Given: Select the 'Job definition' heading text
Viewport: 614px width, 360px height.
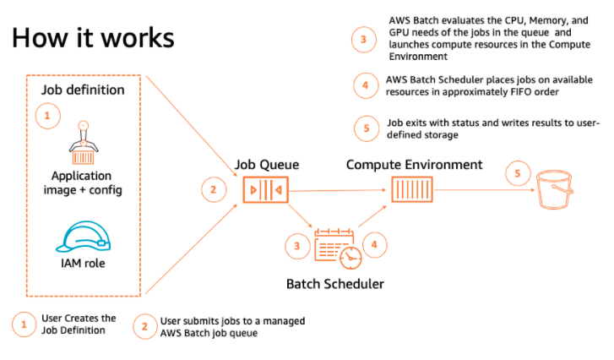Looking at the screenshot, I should [83, 89].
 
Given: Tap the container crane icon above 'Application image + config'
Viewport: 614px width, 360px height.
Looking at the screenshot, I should [83, 145].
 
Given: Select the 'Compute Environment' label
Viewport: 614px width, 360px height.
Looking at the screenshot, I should [414, 164].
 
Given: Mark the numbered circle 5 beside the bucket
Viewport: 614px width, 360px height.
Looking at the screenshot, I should [517, 174].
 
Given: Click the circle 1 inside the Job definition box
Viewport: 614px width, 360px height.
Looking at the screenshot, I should [47, 115].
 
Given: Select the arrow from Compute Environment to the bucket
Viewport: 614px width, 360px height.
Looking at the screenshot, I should [481, 189].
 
